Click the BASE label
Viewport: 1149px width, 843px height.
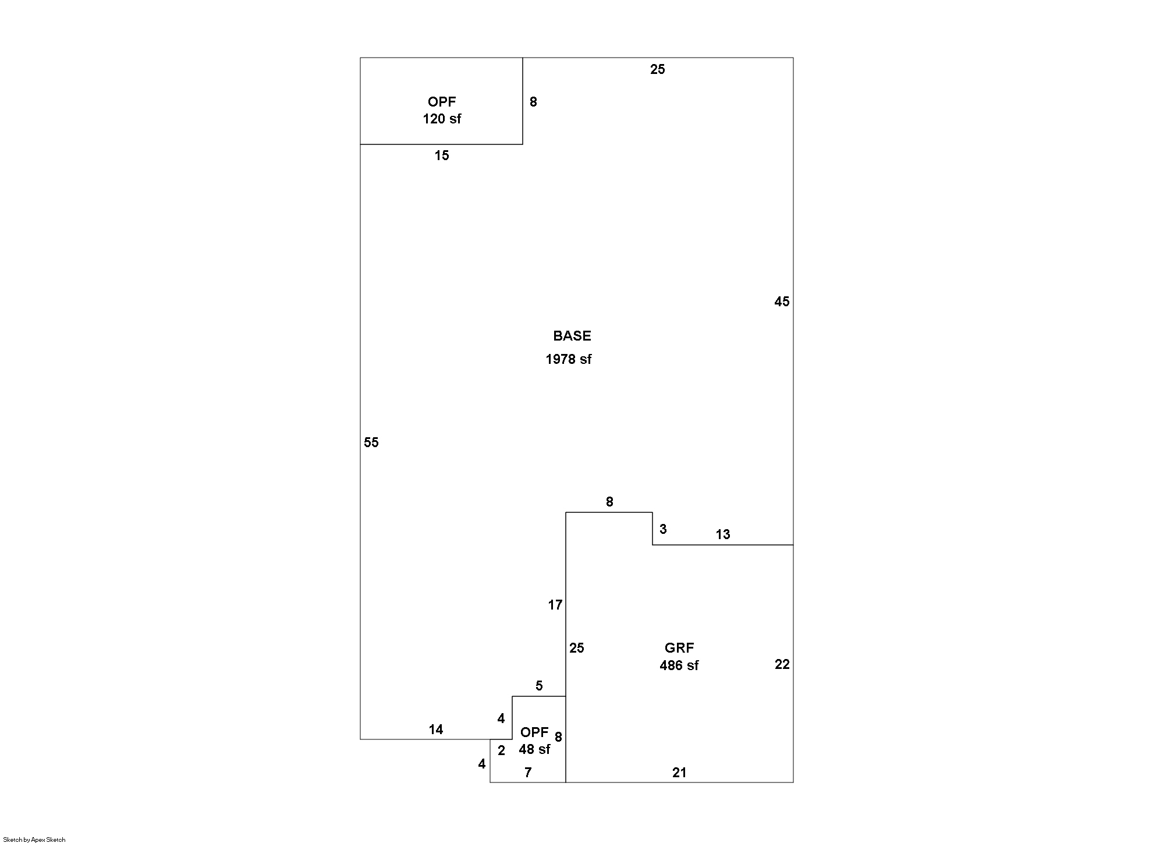tap(572, 336)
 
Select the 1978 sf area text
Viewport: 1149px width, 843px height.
tap(568, 359)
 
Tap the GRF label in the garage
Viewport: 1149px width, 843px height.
tap(679, 648)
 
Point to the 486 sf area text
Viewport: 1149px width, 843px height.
tap(679, 665)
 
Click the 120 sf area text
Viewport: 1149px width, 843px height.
tap(442, 119)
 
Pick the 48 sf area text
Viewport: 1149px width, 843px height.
tap(534, 749)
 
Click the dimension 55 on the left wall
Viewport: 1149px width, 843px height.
tap(371, 442)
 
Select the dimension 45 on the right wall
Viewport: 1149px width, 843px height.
tap(782, 302)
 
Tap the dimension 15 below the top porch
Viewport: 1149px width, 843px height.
tap(442, 155)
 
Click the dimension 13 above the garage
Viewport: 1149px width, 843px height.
tap(722, 534)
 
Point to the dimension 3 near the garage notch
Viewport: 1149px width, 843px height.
tap(663, 529)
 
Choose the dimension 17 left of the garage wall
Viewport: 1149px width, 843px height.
tap(555, 605)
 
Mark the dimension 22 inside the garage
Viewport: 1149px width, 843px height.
tap(782, 664)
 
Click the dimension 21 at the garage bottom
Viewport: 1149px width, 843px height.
tap(679, 773)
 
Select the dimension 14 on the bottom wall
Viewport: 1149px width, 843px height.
tap(436, 729)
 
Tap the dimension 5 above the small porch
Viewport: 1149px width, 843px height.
tap(539, 686)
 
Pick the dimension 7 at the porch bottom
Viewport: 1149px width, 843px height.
tap(528, 773)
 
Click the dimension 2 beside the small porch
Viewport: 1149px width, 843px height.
tap(501, 751)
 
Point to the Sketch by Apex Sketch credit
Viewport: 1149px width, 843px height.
tap(34, 840)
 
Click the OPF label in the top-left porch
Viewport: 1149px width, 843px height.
tap(442, 102)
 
